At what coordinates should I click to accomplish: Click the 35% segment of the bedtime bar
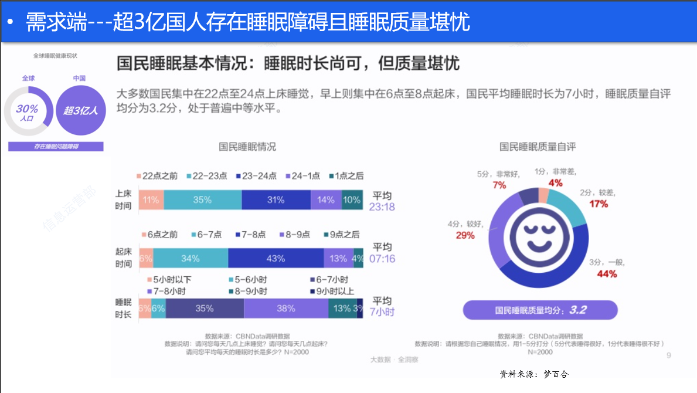tap(202, 200)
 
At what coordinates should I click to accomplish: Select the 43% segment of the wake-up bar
tap(276, 258)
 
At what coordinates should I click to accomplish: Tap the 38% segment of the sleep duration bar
tap(285, 309)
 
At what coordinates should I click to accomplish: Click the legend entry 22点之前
tap(157, 176)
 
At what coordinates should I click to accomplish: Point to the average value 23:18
tap(382, 206)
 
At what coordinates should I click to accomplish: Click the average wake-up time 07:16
tap(382, 258)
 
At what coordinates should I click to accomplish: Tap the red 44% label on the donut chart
tap(607, 274)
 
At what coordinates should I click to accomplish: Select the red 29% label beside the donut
tap(465, 235)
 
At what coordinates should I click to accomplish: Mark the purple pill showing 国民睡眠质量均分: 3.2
tap(540, 310)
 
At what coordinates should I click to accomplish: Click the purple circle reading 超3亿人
tap(81, 110)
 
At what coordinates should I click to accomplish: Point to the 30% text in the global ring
tap(27, 109)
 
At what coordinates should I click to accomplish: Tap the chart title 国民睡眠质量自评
tap(538, 147)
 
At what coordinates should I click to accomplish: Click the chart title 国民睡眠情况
tap(247, 147)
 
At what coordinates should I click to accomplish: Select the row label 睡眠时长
tap(124, 308)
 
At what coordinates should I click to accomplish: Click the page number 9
tap(669, 355)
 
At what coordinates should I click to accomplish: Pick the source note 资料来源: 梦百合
tap(534, 374)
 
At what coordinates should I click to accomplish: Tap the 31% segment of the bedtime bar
tap(276, 200)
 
